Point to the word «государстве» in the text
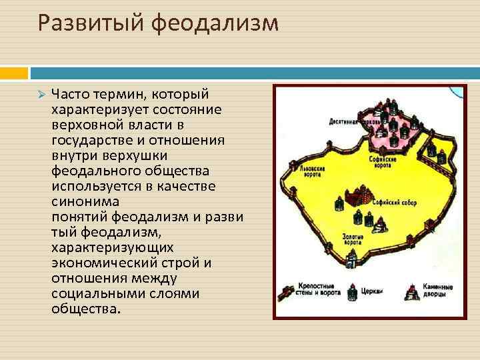tap(93, 139)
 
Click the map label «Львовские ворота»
tap(298, 169)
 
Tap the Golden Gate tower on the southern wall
tap(357, 255)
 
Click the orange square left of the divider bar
tap(14, 72)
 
